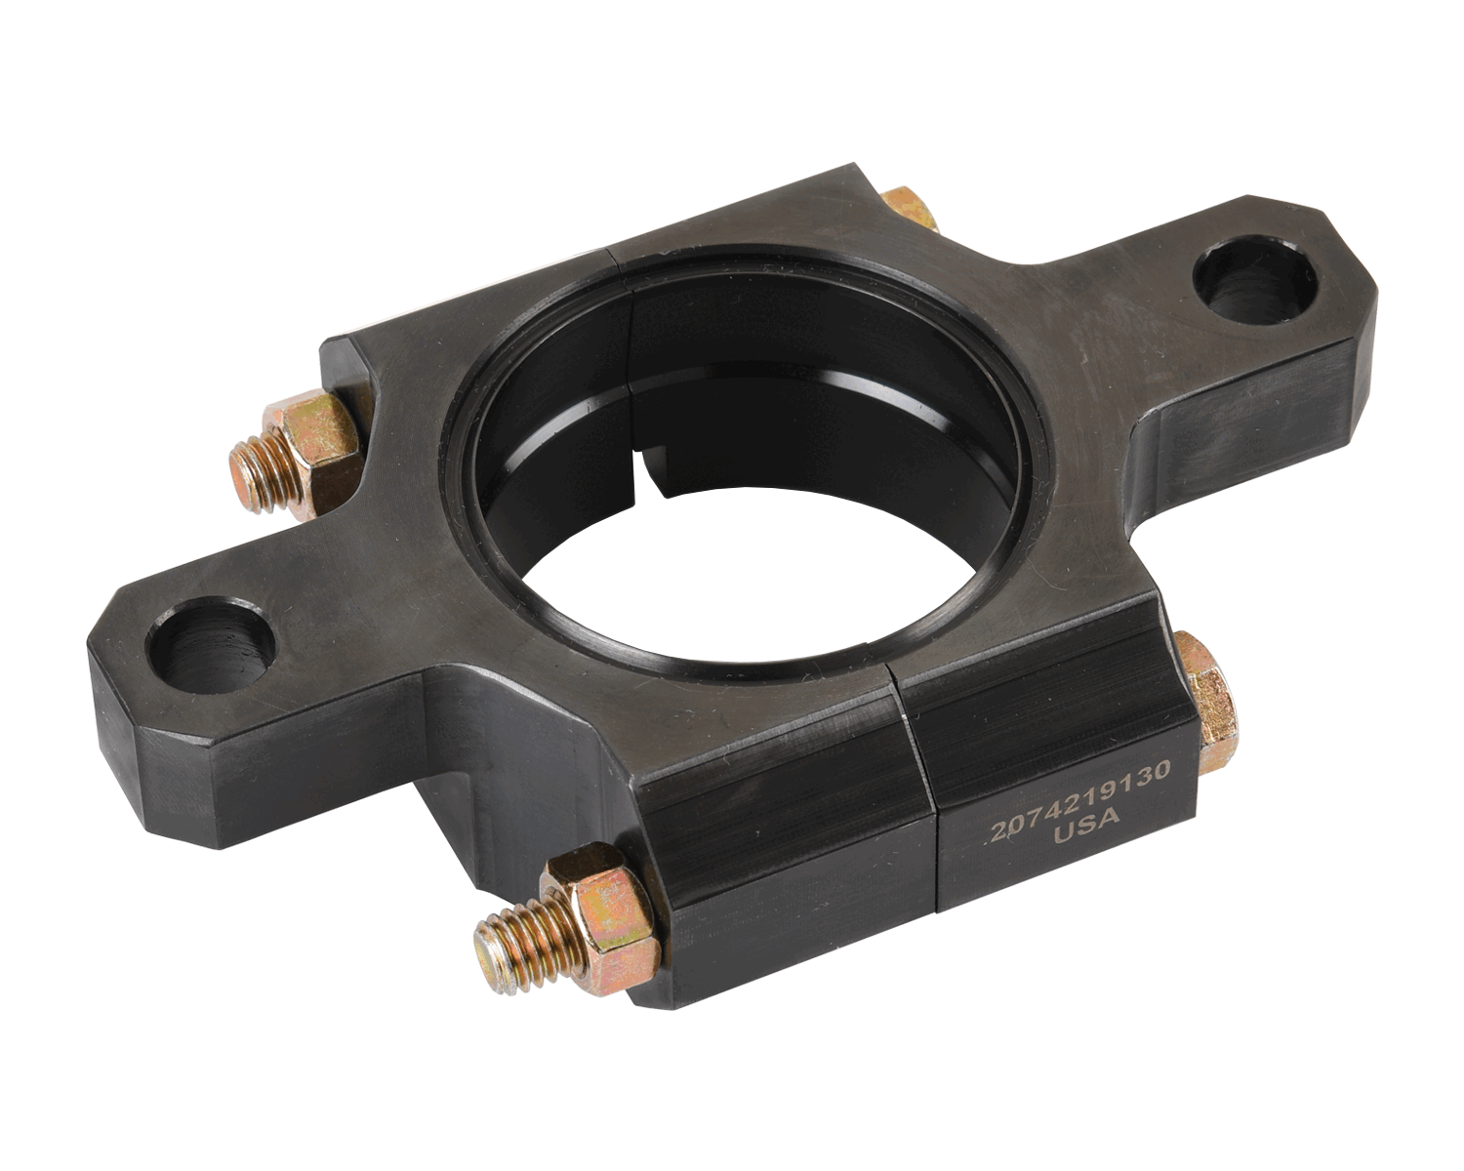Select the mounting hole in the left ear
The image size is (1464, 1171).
(211, 644)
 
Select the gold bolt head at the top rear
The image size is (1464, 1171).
(911, 208)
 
